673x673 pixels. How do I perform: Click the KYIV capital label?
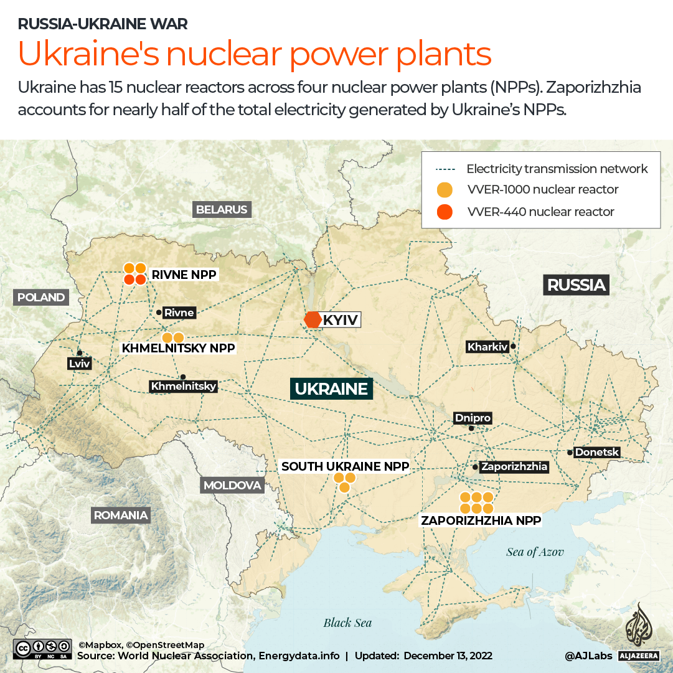click(341, 320)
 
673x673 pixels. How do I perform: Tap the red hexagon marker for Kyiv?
click(312, 319)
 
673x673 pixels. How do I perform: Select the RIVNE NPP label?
click(184, 274)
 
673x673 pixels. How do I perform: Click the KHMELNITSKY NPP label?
click(179, 349)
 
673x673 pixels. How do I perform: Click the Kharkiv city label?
click(487, 347)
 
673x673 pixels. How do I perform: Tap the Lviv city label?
click(79, 364)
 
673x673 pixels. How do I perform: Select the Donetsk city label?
click(597, 452)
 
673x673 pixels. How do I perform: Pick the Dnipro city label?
click(473, 418)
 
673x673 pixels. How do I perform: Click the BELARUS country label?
click(222, 210)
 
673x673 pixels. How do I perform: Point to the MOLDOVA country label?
click(232, 485)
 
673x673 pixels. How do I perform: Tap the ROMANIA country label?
click(121, 515)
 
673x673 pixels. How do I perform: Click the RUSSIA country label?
click(576, 285)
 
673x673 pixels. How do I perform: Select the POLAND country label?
click(41, 298)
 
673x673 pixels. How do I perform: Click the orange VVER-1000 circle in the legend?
click(445, 190)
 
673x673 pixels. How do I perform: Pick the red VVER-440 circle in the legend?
click(445, 212)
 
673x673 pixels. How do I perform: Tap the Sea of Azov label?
click(535, 552)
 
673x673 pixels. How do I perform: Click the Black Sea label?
click(347, 623)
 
